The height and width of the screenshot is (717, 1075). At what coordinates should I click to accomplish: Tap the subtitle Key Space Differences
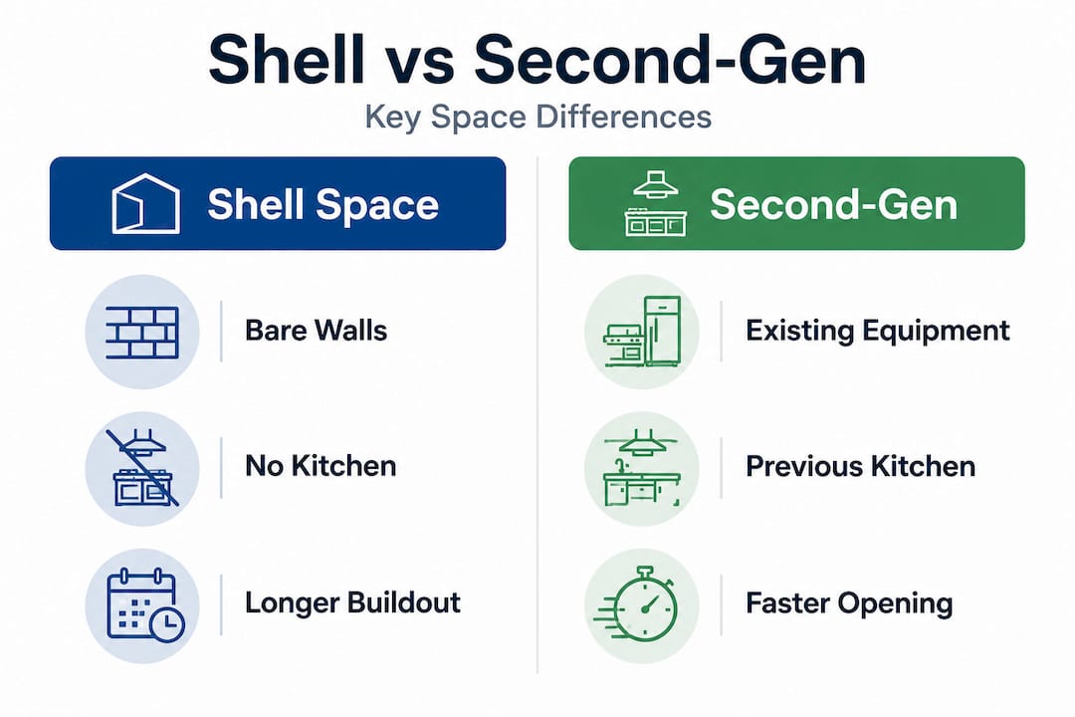[x=537, y=117]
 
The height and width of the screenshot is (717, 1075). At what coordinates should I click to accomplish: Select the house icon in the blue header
[x=146, y=204]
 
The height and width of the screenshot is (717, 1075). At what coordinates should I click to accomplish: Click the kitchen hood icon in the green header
[x=655, y=204]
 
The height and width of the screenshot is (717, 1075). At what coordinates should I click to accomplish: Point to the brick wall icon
[x=142, y=332]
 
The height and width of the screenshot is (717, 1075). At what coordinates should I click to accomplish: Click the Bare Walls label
[x=317, y=331]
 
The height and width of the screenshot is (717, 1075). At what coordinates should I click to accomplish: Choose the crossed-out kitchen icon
[x=142, y=468]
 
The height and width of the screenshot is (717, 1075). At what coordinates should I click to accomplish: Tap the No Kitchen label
[x=321, y=467]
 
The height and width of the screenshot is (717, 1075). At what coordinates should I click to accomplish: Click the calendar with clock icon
[x=145, y=605]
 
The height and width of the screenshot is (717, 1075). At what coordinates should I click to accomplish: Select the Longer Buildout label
[x=353, y=603]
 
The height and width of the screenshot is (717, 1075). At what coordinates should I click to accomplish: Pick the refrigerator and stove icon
[x=642, y=331]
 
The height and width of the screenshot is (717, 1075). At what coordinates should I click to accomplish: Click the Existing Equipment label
[x=878, y=331]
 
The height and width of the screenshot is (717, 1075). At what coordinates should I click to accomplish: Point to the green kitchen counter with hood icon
[x=642, y=468]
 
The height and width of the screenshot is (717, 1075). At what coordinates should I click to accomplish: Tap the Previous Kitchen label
[x=860, y=467]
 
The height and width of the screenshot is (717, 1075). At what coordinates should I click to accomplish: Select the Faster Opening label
[x=849, y=603]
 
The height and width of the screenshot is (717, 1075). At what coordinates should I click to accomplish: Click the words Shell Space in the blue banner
[x=322, y=204]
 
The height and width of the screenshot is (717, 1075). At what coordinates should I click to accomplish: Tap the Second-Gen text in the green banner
[x=834, y=204]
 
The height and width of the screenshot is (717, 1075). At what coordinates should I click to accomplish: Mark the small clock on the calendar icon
[x=166, y=624]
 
